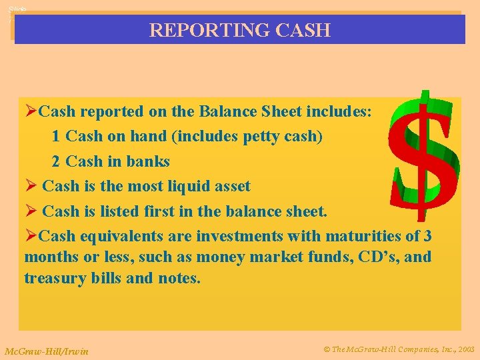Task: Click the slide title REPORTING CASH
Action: pyautogui.click(x=239, y=30)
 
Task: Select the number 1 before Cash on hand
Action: pyautogui.click(x=56, y=137)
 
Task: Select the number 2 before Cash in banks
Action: pyautogui.click(x=56, y=162)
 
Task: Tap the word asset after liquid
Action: pyautogui.click(x=229, y=187)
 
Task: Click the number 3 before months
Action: pyautogui.click(x=427, y=237)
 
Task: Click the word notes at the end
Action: pyautogui.click(x=179, y=278)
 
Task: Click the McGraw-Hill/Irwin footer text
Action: pyautogui.click(x=46, y=351)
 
